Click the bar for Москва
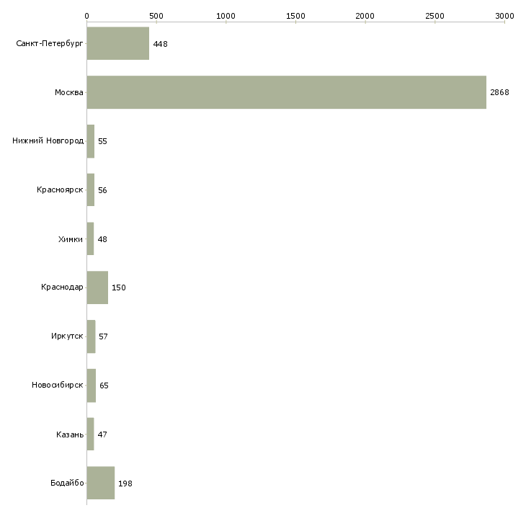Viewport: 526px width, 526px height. coord(287,92)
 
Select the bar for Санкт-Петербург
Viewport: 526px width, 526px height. coord(118,43)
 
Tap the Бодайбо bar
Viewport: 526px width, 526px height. coord(101,483)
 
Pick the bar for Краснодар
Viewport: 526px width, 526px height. coord(97,287)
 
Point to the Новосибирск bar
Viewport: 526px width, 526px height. coord(92,385)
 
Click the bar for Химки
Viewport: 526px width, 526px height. coord(90,239)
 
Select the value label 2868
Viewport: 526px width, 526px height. coord(499,92)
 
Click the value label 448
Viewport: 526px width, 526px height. coord(161,44)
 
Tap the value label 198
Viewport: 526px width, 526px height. coord(125,483)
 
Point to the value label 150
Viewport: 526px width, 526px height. coord(119,287)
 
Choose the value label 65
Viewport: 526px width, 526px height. coord(104,385)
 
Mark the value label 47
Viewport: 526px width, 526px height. coord(102,434)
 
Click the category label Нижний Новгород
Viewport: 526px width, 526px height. coord(48,141)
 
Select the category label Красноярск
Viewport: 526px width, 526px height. coord(60,190)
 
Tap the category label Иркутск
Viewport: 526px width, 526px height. coord(67,336)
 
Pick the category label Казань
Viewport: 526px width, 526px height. coord(70,434)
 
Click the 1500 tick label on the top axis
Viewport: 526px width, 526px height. coord(295,16)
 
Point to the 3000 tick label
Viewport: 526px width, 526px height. coord(504,16)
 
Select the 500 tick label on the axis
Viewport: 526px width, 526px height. coord(156,16)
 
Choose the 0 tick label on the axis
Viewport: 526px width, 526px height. coord(87,16)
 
